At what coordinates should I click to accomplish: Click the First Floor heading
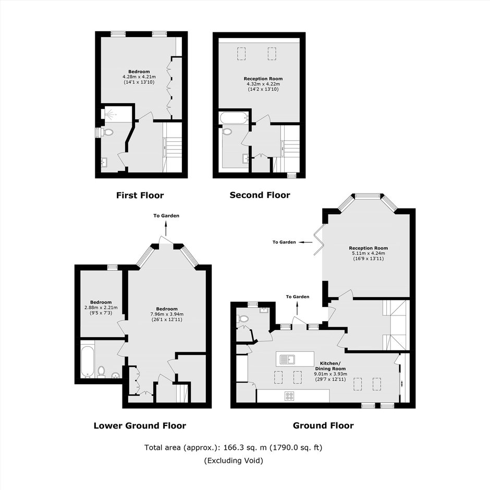140,195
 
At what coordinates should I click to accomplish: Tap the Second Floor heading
260,195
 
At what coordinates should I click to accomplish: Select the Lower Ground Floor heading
140,426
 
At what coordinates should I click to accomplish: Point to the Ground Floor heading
323,425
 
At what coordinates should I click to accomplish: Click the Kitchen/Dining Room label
330,366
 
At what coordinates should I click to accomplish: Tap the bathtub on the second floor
234,118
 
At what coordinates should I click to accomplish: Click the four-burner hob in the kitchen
289,396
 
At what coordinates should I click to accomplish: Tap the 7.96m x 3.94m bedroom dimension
167,314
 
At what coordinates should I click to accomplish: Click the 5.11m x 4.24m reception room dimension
369,253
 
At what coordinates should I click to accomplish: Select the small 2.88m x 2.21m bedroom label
101,302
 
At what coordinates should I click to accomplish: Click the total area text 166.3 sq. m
245,447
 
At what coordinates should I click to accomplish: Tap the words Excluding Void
234,461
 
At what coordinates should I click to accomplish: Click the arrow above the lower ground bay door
166,228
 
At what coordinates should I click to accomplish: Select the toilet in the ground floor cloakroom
243,319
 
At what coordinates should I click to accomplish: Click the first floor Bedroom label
139,71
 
